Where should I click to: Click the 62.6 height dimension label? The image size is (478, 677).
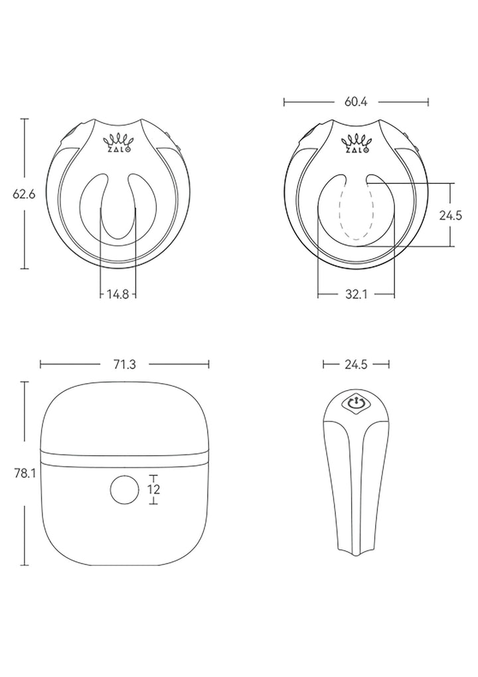[24, 194]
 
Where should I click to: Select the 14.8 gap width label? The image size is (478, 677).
[118, 293]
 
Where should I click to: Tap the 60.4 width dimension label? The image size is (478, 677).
[356, 102]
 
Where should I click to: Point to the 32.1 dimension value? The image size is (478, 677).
[356, 293]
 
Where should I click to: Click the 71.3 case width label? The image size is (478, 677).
[125, 364]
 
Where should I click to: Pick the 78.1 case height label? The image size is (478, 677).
[24, 473]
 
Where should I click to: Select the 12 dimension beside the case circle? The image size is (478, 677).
[154, 489]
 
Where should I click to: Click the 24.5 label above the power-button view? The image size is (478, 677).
[355, 364]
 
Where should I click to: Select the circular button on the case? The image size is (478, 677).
[123, 490]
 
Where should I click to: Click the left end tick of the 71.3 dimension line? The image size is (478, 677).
[40, 364]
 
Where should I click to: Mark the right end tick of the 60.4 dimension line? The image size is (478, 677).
[428, 102]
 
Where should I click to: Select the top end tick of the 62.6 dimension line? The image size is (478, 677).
[25, 119]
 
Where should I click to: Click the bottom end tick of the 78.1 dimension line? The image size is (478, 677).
[25, 565]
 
